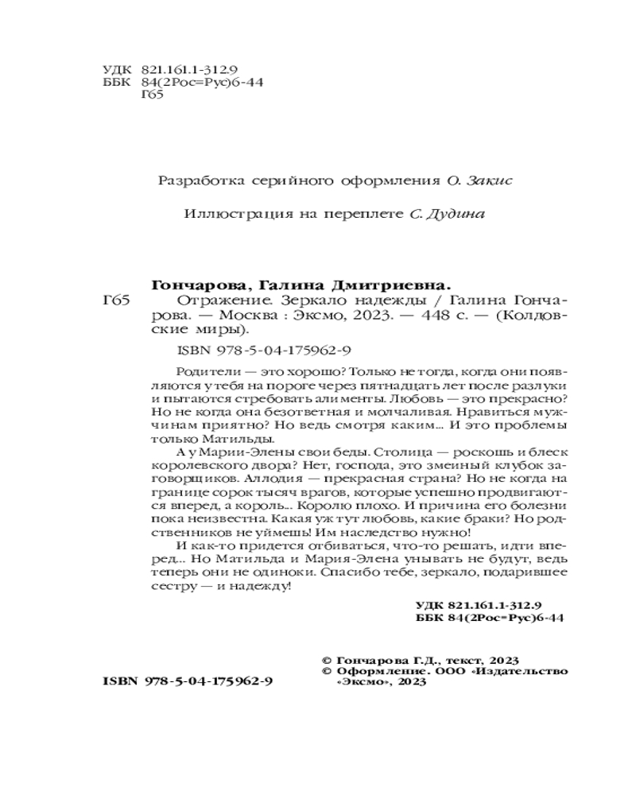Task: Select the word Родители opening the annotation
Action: pos(200,370)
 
